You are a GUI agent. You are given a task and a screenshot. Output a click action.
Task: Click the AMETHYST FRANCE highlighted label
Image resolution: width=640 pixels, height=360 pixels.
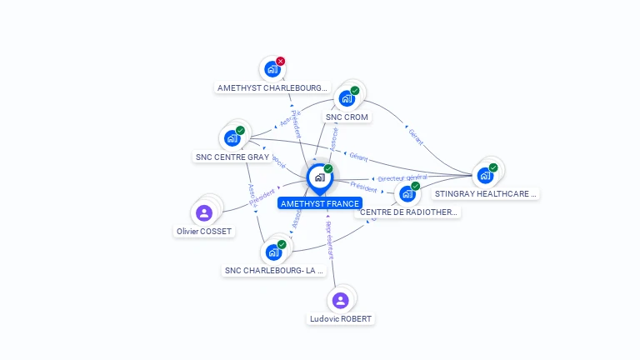[x=320, y=203]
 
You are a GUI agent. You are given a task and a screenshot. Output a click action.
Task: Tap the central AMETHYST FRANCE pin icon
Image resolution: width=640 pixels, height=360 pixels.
[x=319, y=177]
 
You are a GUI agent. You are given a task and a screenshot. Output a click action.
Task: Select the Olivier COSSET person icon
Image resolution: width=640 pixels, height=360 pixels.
[x=204, y=213]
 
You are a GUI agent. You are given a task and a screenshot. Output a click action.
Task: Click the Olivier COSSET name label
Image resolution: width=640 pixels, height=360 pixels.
[x=204, y=231]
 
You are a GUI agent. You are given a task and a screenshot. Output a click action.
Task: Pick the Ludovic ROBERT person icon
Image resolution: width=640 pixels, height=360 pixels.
[x=340, y=301]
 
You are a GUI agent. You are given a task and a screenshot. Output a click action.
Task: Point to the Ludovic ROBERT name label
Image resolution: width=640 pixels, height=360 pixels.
[x=341, y=318]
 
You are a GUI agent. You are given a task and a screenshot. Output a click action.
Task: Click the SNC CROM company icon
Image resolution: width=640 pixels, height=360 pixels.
[x=347, y=98]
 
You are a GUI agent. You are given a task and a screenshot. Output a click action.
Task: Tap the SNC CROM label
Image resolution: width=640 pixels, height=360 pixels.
[x=347, y=117]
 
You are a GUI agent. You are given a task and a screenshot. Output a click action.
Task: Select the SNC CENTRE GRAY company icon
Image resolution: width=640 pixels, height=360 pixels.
[x=232, y=138]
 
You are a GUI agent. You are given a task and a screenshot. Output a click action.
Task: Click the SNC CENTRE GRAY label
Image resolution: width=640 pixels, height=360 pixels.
[x=232, y=157]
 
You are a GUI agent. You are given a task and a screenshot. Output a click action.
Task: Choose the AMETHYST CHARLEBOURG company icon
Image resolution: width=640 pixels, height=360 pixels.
[x=272, y=69]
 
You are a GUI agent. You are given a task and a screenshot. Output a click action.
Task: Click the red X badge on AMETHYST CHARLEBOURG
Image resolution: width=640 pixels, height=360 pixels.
[x=281, y=61]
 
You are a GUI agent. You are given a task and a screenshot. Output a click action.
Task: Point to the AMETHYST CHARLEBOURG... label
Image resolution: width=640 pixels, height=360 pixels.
[x=272, y=87]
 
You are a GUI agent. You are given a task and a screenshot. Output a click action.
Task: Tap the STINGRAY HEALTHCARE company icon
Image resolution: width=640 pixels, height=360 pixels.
[x=484, y=175]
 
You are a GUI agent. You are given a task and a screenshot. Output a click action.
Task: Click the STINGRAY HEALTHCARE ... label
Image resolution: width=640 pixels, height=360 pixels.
[x=486, y=193]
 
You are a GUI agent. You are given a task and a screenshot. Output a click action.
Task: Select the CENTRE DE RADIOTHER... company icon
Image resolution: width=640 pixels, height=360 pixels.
[x=407, y=193]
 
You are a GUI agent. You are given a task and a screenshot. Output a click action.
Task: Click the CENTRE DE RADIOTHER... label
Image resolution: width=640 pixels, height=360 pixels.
[x=408, y=212]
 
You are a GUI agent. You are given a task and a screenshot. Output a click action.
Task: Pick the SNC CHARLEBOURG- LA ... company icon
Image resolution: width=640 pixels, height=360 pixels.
[x=272, y=252]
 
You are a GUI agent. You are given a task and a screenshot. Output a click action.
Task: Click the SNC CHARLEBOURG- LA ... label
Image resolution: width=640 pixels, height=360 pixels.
[x=274, y=270]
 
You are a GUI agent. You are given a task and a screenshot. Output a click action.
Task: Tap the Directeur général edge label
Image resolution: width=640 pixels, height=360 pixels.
[x=402, y=178]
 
